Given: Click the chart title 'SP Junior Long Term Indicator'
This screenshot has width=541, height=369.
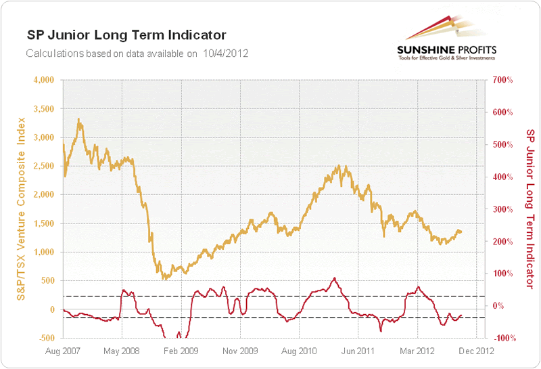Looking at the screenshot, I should tap(126, 35).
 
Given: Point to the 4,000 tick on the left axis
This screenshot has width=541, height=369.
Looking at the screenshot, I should tap(42, 80).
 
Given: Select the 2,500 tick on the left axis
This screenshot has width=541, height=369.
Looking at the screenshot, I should tap(42, 166).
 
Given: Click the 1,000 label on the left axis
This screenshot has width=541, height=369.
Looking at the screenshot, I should tap(42, 252).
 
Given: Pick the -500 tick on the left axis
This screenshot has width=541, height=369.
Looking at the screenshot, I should tap(44, 338).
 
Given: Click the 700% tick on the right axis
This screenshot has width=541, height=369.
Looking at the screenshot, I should tap(503, 80).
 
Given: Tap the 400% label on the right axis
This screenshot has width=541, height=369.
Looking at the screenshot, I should tap(503, 177).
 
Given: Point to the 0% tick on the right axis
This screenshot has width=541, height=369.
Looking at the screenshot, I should tap(498, 305).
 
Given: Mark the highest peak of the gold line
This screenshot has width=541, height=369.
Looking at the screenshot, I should tap(79, 119).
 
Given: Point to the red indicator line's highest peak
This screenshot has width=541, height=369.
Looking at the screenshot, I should tap(334, 278).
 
